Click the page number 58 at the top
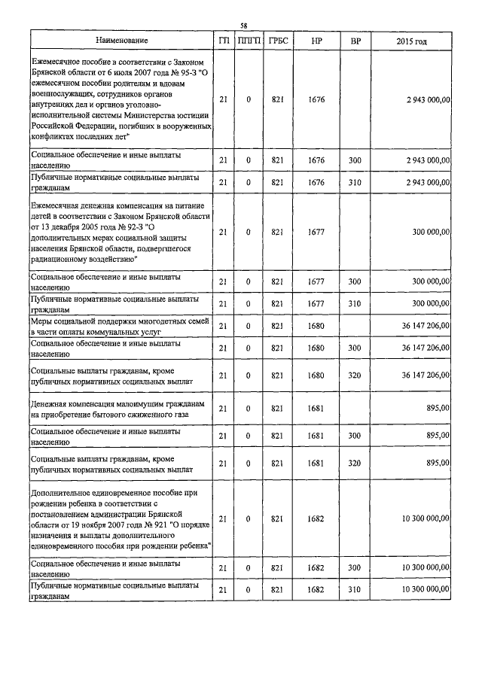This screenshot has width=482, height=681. [243, 23]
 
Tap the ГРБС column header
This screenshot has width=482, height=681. [276, 41]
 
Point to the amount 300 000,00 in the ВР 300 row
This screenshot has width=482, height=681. [431, 281]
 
